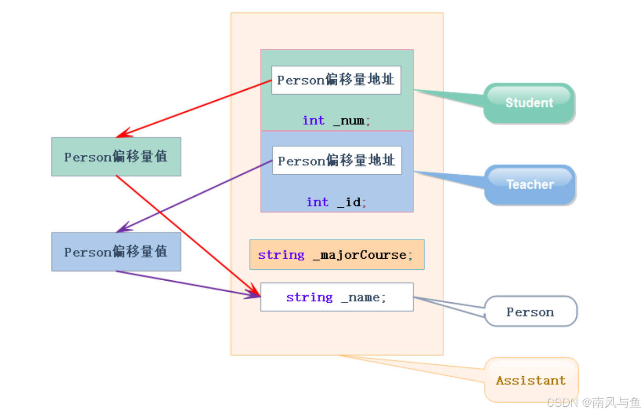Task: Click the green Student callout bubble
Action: point(529,103)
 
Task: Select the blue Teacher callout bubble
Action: point(530,185)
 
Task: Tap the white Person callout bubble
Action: point(530,312)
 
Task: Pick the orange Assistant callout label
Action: point(531,380)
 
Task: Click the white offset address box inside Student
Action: point(336,80)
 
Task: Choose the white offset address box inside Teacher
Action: point(337,160)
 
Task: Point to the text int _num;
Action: point(336,120)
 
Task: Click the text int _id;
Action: point(336,202)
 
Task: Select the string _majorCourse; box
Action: point(337,254)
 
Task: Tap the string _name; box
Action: point(337,297)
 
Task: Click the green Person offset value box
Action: point(116,157)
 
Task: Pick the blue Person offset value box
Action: point(116,252)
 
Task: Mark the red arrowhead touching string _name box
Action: point(254,291)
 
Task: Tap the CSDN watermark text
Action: point(593,402)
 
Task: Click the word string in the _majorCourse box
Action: point(281,254)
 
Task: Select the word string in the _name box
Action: point(309,297)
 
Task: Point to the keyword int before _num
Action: point(313,120)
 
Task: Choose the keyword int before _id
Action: point(317,202)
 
